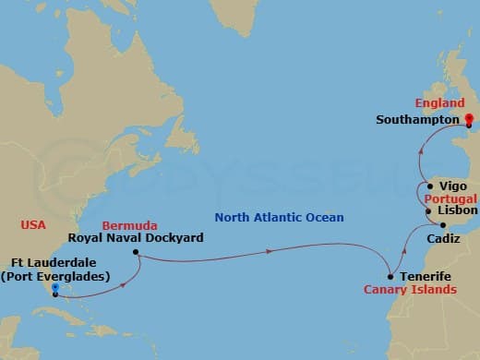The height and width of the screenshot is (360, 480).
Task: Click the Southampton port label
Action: tap(418, 120)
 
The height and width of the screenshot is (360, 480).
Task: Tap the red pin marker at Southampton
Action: tap(469, 119)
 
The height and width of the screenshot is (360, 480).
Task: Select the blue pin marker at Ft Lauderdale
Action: tap(55, 290)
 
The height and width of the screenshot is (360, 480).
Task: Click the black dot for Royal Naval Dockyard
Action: tap(136, 252)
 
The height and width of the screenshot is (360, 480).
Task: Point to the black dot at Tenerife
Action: tap(390, 277)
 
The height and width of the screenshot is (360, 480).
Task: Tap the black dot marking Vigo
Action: tap(430, 186)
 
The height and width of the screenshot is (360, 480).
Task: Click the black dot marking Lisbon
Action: tap(428, 211)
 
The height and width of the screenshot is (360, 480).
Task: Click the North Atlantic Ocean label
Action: tap(279, 218)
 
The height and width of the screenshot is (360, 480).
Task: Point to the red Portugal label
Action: tap(450, 198)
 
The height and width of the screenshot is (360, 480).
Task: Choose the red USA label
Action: tap(34, 224)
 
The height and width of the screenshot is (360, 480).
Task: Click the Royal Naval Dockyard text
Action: tap(137, 237)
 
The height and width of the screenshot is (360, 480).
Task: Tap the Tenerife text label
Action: tap(426, 277)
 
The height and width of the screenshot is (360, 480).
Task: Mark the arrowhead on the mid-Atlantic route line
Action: tap(270, 250)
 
